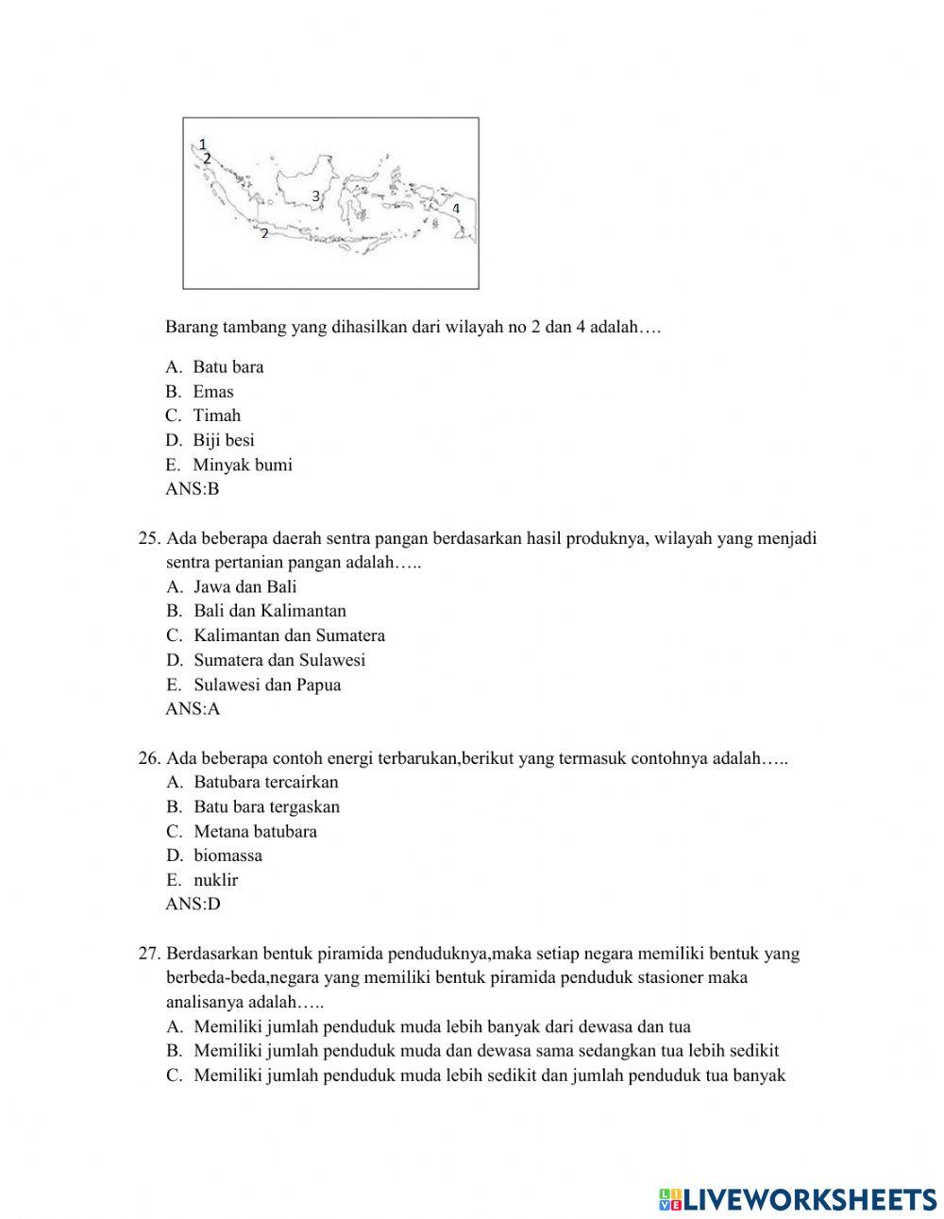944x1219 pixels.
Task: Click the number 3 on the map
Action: [x=316, y=196]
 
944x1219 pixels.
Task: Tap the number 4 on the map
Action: [x=455, y=208]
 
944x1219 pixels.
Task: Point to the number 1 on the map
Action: [x=202, y=144]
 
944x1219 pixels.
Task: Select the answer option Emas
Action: [x=212, y=391]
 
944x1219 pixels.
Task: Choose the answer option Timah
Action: [x=216, y=415]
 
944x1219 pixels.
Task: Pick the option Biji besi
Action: [x=223, y=440]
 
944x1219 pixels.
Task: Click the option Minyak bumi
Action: [x=242, y=465]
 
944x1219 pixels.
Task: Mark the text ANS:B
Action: [x=193, y=489]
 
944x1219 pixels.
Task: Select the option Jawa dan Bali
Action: [x=244, y=586]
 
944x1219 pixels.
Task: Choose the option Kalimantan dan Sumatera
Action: [x=289, y=635]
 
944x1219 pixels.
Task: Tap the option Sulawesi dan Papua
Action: [x=267, y=685]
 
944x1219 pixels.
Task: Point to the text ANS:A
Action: [x=193, y=709]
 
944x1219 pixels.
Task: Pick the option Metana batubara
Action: [x=255, y=831]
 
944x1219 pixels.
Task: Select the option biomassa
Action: [x=228, y=855]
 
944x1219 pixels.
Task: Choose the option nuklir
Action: [x=215, y=880]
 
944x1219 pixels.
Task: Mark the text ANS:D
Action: [x=193, y=905]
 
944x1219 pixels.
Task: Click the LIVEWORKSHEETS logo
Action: [x=798, y=1198]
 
